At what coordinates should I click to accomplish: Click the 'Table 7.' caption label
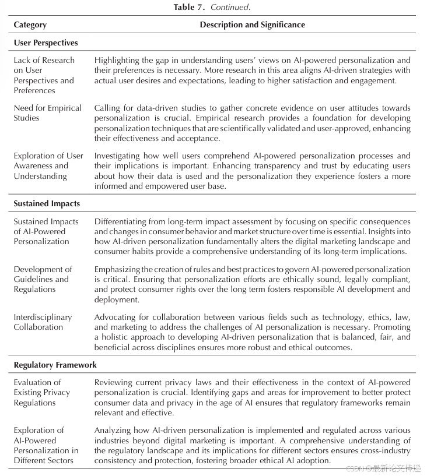tap(189, 7)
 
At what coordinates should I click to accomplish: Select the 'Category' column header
tap(30, 25)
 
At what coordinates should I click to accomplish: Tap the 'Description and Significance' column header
tap(252, 25)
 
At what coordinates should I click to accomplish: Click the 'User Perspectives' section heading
tap(45, 43)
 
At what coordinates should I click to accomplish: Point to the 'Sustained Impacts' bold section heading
tap(47, 204)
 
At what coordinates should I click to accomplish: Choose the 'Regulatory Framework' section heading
tap(55, 365)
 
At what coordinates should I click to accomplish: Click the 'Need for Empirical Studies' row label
tap(48, 113)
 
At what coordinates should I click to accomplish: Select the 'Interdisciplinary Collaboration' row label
tap(43, 322)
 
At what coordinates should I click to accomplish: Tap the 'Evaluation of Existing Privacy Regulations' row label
tap(42, 392)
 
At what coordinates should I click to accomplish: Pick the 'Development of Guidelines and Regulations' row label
tap(43, 279)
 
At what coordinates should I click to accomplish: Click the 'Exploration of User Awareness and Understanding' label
tap(48, 166)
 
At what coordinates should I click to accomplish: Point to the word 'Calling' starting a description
tap(107, 108)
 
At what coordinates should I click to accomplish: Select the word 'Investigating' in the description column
tap(118, 156)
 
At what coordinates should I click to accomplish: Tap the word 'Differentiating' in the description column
tap(120, 222)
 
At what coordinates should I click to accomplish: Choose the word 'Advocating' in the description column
tap(115, 318)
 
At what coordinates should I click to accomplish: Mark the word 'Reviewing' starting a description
tap(113, 383)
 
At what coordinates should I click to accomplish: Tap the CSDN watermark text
tap(386, 468)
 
